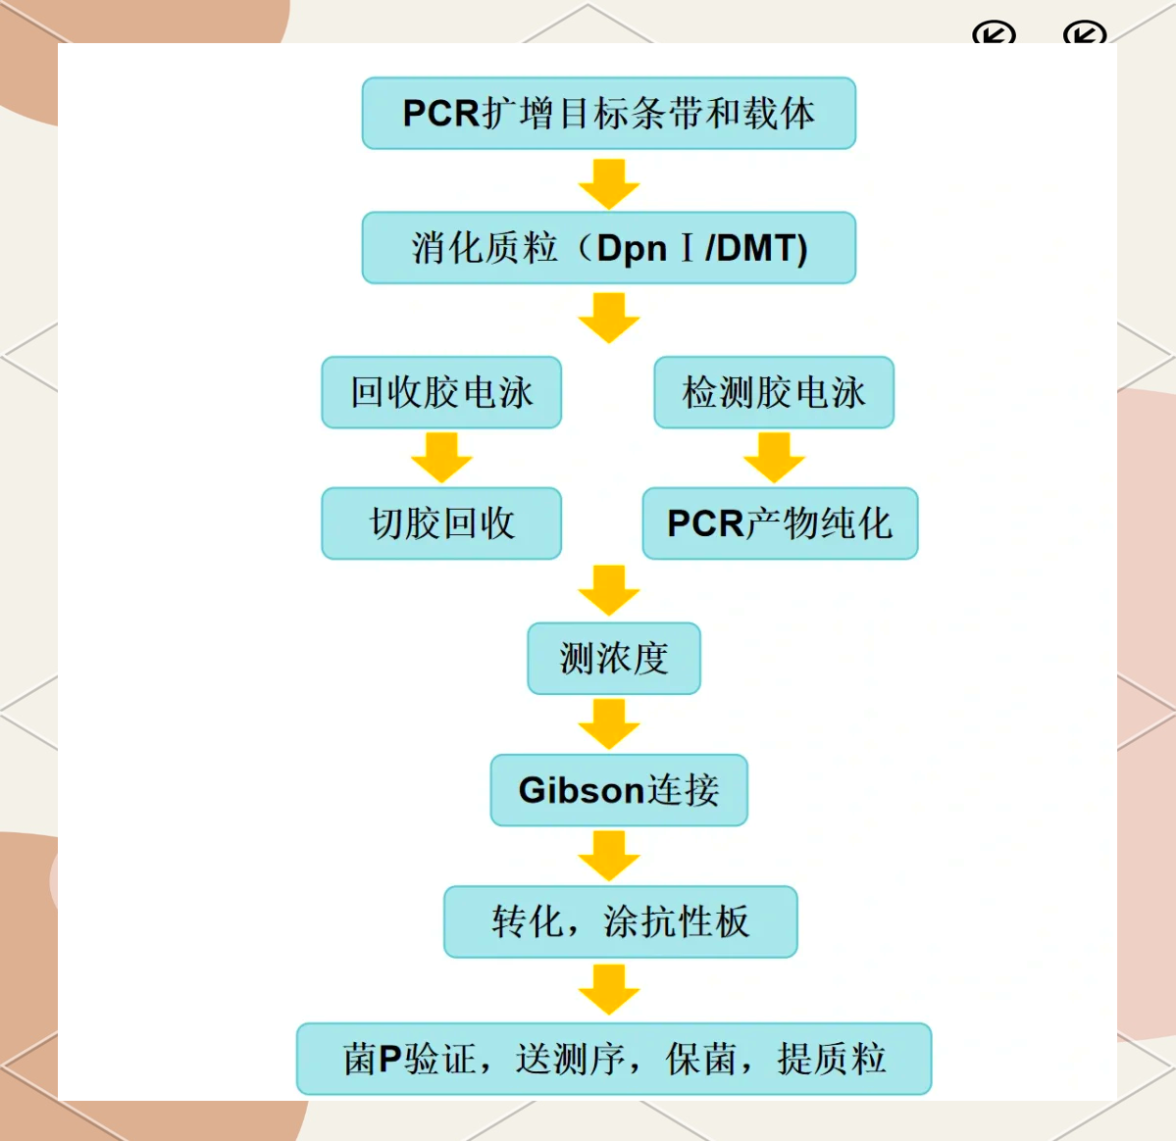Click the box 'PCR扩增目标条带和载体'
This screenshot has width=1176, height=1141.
click(x=608, y=114)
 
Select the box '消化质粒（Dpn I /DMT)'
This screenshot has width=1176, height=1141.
click(x=608, y=248)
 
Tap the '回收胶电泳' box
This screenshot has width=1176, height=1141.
click(x=441, y=392)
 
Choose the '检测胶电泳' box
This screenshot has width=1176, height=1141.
click(x=774, y=392)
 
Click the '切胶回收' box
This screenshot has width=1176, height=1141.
click(x=441, y=523)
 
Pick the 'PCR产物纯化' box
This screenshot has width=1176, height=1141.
click(x=780, y=523)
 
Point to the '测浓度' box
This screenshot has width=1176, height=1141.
click(x=614, y=659)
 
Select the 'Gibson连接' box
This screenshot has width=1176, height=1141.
click(x=619, y=790)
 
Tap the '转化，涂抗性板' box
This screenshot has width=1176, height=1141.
click(x=620, y=921)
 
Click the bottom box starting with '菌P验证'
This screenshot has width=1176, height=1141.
click(x=614, y=1059)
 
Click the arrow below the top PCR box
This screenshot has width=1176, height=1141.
click(x=609, y=183)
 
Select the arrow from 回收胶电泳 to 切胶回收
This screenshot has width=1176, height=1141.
click(x=441, y=458)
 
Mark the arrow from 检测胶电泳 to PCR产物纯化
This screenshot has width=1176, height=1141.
click(x=774, y=458)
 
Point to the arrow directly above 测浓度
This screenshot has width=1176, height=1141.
click(x=609, y=590)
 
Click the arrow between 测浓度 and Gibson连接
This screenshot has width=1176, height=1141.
click(x=609, y=724)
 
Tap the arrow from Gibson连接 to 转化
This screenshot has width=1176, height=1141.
click(x=609, y=856)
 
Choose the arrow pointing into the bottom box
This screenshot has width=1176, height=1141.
click(x=609, y=990)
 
